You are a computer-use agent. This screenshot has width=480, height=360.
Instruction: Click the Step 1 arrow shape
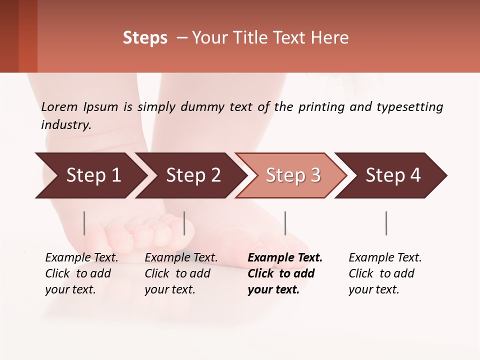90,175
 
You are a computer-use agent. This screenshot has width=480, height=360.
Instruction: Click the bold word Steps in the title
145,38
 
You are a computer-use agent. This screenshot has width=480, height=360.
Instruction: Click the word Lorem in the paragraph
59,106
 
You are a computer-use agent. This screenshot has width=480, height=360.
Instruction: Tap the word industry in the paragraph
65,125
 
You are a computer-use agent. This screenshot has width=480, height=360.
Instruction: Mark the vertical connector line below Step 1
84,223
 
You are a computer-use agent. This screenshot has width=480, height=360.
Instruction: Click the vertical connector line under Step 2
184,223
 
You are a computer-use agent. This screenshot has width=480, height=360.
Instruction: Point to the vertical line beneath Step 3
285,223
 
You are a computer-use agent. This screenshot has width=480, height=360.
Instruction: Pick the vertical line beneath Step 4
386,223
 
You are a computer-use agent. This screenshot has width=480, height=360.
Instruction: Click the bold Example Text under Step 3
285,258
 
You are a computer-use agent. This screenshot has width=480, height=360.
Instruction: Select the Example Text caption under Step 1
81,258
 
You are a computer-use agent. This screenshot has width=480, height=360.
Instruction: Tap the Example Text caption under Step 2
181,258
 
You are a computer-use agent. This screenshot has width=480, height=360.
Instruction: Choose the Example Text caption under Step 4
385,258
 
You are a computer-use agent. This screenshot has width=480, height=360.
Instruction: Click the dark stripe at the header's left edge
9,36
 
